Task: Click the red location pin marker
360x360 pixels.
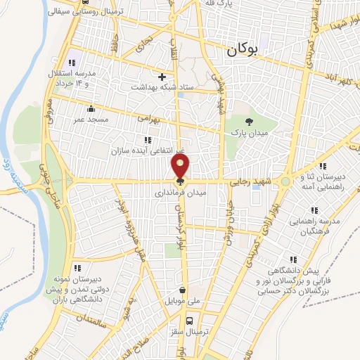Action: pyautogui.click(x=181, y=167)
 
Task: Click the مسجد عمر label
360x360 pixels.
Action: pyautogui.click(x=91, y=120)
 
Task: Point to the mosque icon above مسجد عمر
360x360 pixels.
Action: pyautogui.click(x=91, y=108)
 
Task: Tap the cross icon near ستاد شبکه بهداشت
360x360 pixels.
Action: pyautogui.click(x=162, y=77)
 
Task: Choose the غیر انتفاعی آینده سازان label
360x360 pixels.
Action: pyautogui.click(x=147, y=150)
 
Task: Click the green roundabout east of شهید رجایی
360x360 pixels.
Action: pyautogui.click(x=285, y=181)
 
